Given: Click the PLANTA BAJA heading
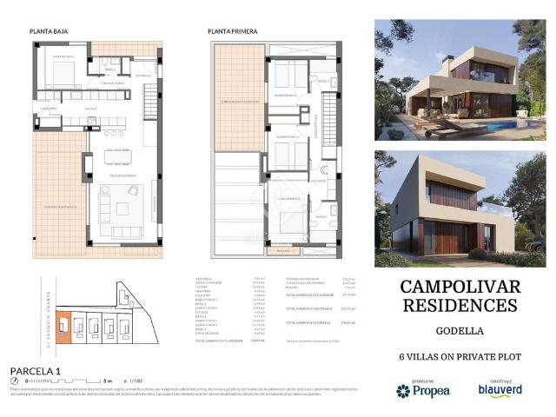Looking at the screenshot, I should [49, 30].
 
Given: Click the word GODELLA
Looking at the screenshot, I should [459, 331].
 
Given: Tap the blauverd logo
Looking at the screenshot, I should [499, 390].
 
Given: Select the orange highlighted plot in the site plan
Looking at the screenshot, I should [64, 330].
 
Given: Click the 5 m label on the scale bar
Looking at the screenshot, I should [107, 381].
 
